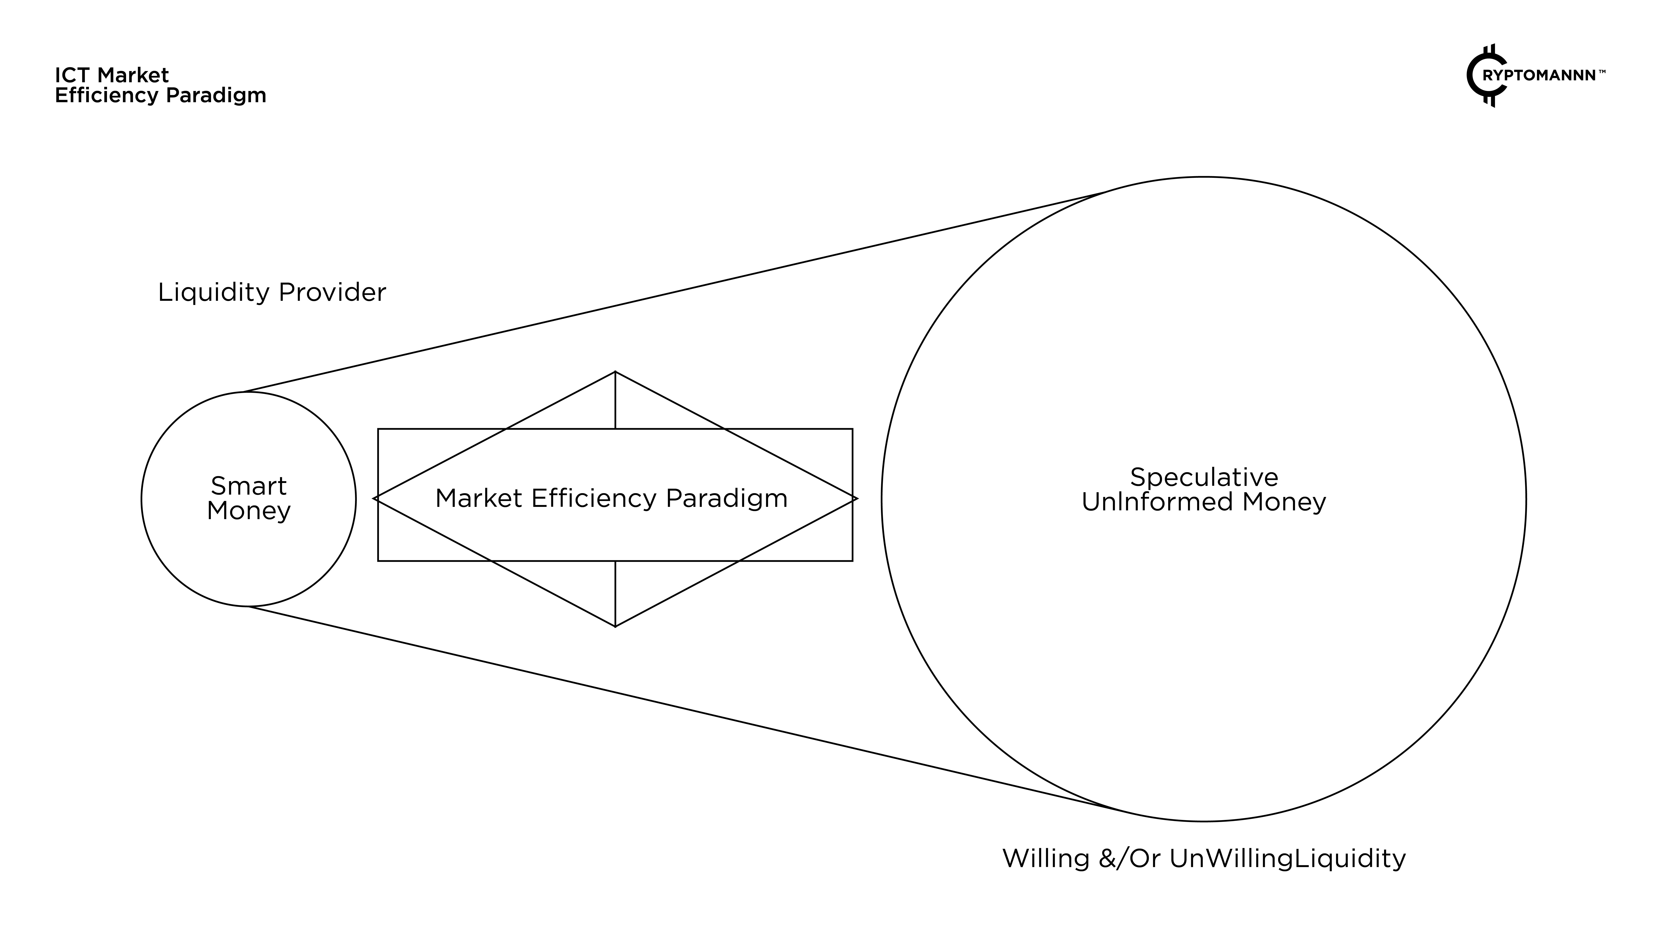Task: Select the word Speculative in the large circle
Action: [x=1204, y=478]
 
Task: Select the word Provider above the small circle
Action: [x=332, y=292]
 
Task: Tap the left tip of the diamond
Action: [x=374, y=498]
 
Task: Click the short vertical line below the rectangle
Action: [x=615, y=592]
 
